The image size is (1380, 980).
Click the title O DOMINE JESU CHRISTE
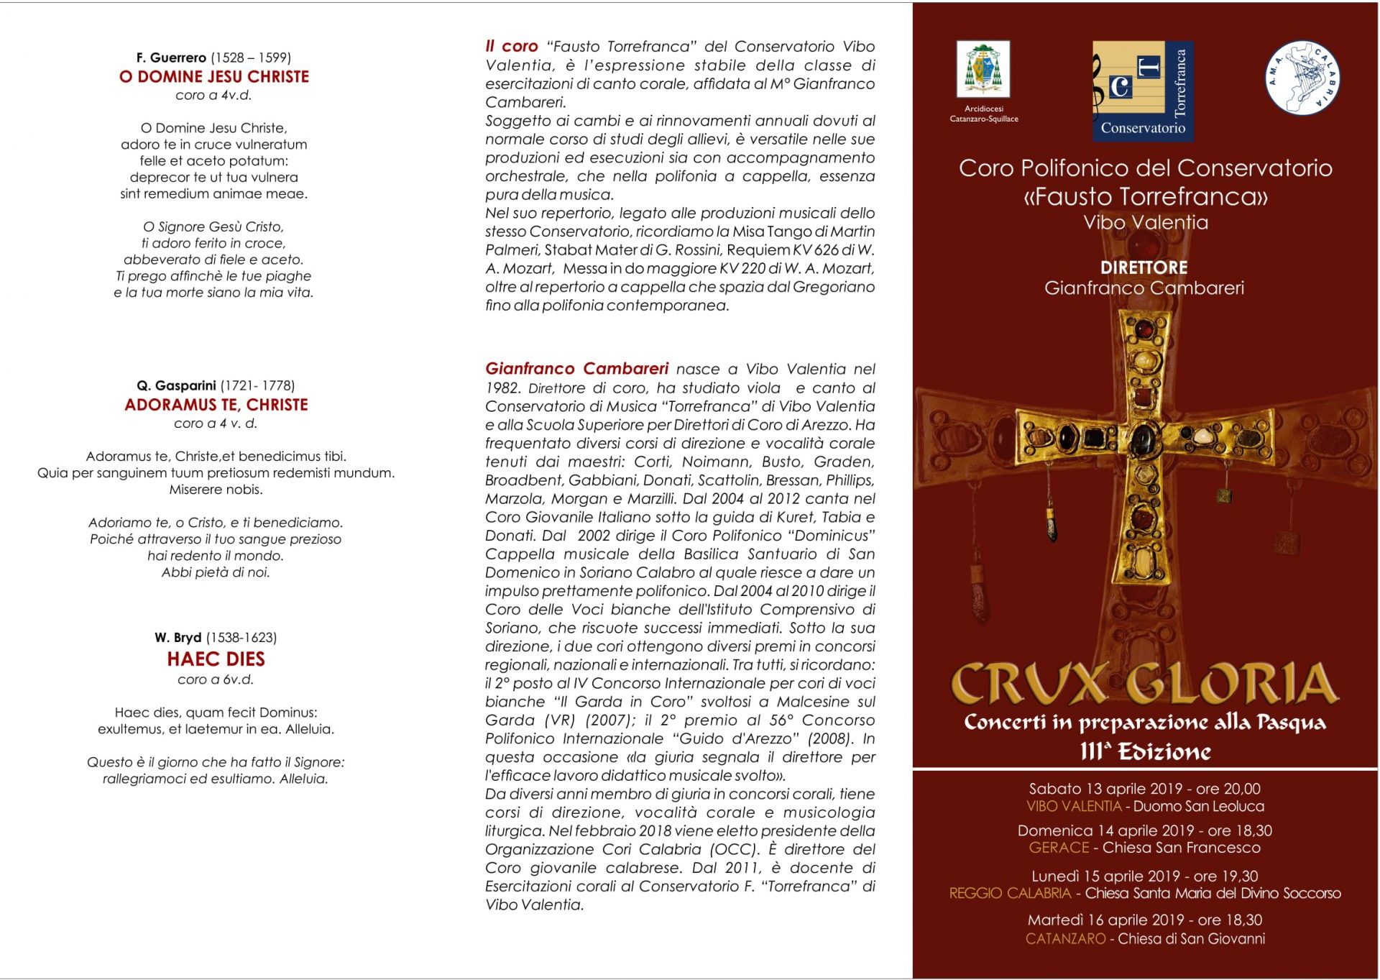click(x=214, y=77)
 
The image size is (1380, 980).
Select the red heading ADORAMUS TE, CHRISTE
click(x=216, y=405)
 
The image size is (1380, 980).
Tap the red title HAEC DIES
click(x=216, y=659)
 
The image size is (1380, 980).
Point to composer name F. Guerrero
click(x=171, y=58)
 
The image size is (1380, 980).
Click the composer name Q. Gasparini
click(x=176, y=385)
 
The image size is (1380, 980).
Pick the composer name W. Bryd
click(x=178, y=637)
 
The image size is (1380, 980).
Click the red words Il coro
click(x=512, y=47)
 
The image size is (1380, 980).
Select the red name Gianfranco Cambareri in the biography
click(x=576, y=369)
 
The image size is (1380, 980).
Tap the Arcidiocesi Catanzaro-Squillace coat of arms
click(x=983, y=70)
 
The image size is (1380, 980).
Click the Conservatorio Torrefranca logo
click(x=1143, y=91)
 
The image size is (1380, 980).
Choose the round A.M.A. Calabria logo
click(x=1302, y=78)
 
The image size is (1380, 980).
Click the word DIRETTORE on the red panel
click(x=1144, y=267)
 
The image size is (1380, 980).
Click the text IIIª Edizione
click(x=1144, y=752)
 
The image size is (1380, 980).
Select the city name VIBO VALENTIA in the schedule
click(x=1074, y=807)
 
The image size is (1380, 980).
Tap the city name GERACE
click(x=1059, y=848)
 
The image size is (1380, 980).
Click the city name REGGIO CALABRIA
click(x=1010, y=894)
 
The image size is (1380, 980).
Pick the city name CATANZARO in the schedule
click(x=1065, y=939)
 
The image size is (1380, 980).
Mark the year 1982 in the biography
click(x=502, y=388)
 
